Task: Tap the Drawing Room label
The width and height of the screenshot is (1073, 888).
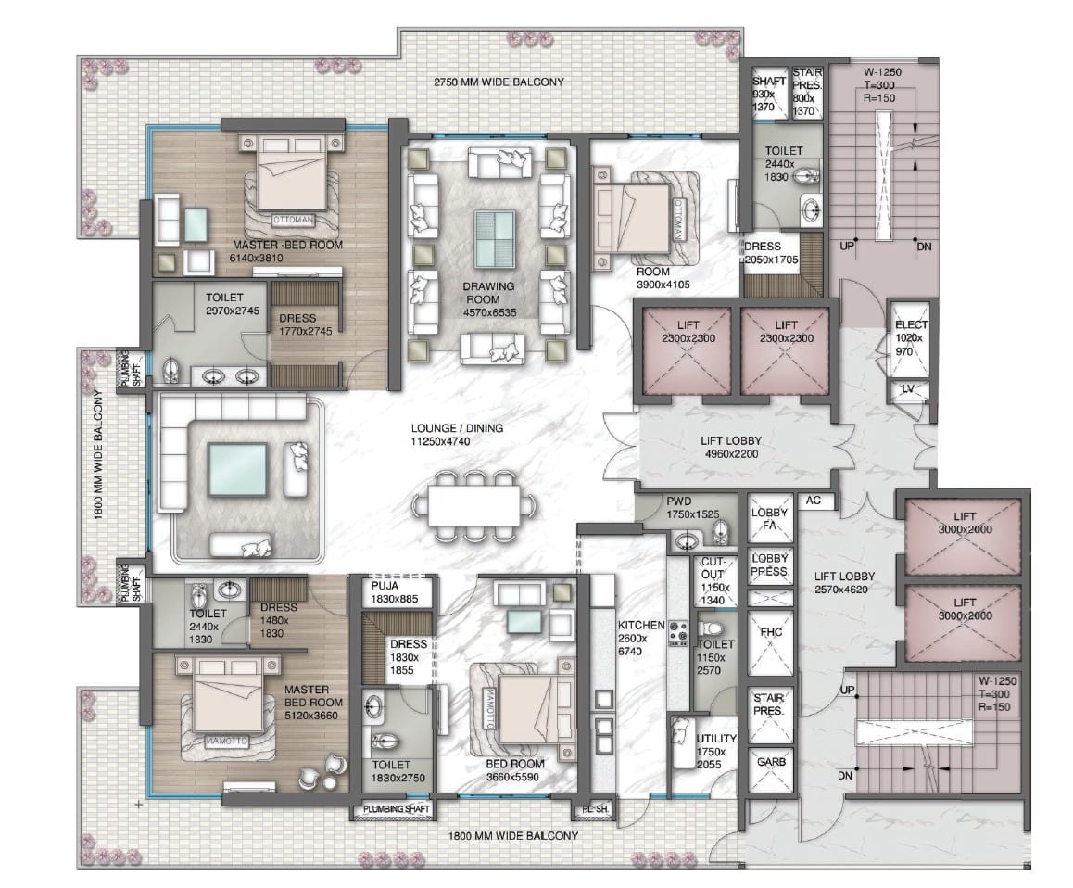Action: (489, 299)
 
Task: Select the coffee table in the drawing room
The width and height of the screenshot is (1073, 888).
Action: (496, 238)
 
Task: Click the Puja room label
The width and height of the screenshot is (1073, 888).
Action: (395, 592)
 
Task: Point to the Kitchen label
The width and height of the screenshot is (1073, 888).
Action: (641, 638)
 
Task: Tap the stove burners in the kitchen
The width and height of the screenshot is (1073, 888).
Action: (678, 634)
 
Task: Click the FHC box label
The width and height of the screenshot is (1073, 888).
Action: (771, 632)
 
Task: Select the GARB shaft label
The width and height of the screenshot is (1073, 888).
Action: (771, 761)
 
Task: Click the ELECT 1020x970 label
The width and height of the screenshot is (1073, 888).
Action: (911, 337)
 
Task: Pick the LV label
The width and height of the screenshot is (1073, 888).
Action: (908, 389)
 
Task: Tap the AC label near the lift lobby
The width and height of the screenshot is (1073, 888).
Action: (813, 501)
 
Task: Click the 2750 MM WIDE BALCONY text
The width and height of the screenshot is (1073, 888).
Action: (499, 82)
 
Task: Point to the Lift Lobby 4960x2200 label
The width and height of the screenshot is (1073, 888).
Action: (731, 447)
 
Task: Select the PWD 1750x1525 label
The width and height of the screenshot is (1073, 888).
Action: (693, 507)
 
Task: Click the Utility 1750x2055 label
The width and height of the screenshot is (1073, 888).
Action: (716, 751)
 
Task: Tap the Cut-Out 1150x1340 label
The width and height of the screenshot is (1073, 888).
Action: (714, 580)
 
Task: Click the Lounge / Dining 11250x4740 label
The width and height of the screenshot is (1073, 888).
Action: (457, 435)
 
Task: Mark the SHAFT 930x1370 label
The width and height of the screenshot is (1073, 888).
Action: (768, 94)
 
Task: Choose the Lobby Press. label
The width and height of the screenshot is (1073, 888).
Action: (771, 565)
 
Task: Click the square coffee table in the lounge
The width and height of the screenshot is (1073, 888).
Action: (237, 470)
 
